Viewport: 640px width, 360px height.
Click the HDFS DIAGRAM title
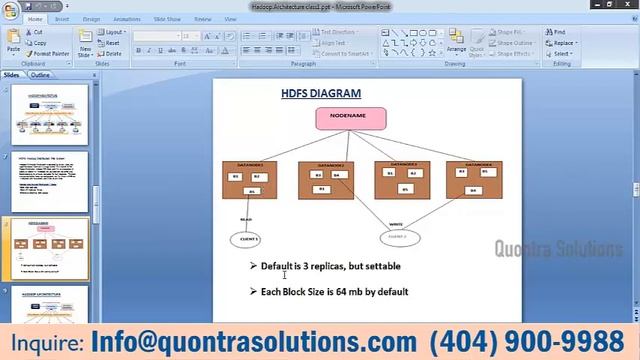pyautogui.click(x=320, y=94)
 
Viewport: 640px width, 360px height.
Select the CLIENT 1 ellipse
pyautogui.click(x=245, y=239)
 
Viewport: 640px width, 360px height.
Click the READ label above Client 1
pyautogui.click(x=246, y=218)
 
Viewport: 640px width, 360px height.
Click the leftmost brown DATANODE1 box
pyautogui.click(x=249, y=179)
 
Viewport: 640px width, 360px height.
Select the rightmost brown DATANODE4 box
pyautogui.click(x=474, y=179)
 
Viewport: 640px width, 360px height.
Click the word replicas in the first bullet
pyautogui.click(x=327, y=267)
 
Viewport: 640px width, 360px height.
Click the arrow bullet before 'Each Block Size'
pyautogui.click(x=254, y=291)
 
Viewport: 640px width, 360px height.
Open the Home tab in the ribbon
pyautogui.click(x=36, y=19)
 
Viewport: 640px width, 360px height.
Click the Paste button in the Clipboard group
pyautogui.click(x=13, y=43)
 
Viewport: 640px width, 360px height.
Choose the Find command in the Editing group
pyautogui.click(x=557, y=32)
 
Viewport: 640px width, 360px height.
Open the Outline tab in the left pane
pyautogui.click(x=40, y=75)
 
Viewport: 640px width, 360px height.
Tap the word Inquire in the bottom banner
pyautogui.click(x=44, y=342)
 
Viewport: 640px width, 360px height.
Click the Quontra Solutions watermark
pyautogui.click(x=559, y=248)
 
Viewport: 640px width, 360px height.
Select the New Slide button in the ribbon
pyautogui.click(x=86, y=45)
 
